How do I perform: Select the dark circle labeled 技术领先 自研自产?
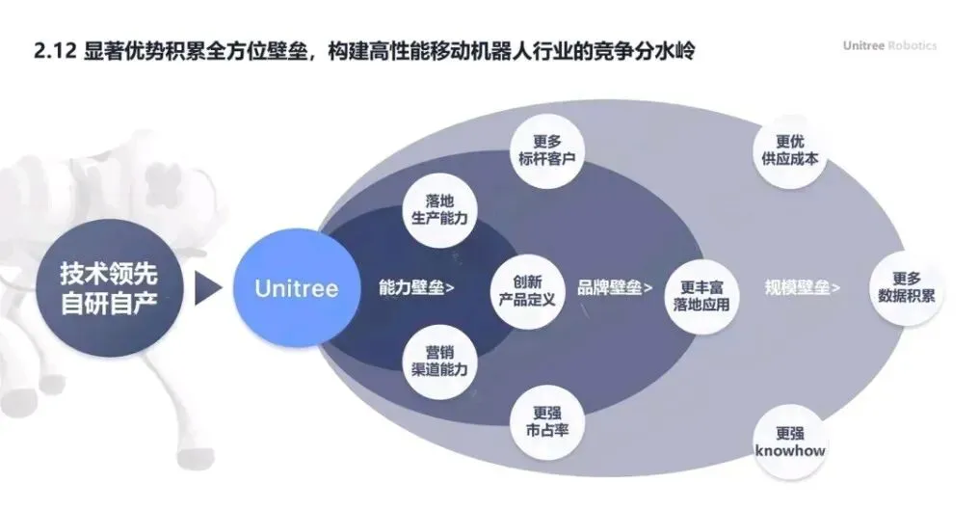click(x=108, y=287)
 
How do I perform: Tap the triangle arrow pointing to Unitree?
click(x=207, y=287)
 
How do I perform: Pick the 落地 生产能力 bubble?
click(x=438, y=209)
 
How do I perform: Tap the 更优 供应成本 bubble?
click(x=789, y=148)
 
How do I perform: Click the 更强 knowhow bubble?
click(x=789, y=442)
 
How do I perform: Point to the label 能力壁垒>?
click(x=417, y=287)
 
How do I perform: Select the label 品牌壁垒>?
click(x=615, y=287)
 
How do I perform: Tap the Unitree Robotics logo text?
click(x=888, y=46)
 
